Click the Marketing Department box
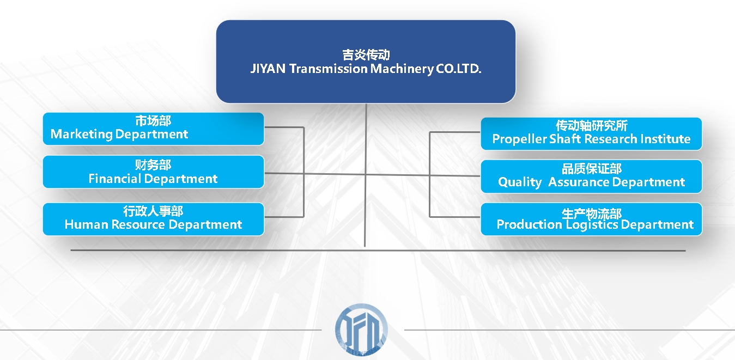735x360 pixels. [x=153, y=129]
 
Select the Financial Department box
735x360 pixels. [x=153, y=172]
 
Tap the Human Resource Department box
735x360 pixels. [x=153, y=219]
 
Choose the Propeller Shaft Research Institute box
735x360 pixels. [x=591, y=134]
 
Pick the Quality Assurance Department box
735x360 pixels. [x=591, y=176]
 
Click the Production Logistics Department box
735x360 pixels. [x=591, y=219]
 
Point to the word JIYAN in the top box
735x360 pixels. [x=268, y=69]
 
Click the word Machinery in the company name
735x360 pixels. [x=402, y=69]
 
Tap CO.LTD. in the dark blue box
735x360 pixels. [x=458, y=69]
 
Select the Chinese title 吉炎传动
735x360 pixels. [x=366, y=55]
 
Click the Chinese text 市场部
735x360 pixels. [x=153, y=121]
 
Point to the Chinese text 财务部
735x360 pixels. [x=153, y=164]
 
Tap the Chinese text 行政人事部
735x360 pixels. [x=153, y=211]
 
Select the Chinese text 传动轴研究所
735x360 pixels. [x=592, y=126]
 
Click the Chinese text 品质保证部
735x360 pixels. [x=592, y=169]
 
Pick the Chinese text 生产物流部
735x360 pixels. [x=592, y=213]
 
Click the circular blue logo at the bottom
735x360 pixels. [x=361, y=330]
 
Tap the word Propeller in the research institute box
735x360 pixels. [x=519, y=139]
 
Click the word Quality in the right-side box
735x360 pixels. [x=520, y=182]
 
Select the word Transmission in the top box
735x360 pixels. [x=329, y=69]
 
